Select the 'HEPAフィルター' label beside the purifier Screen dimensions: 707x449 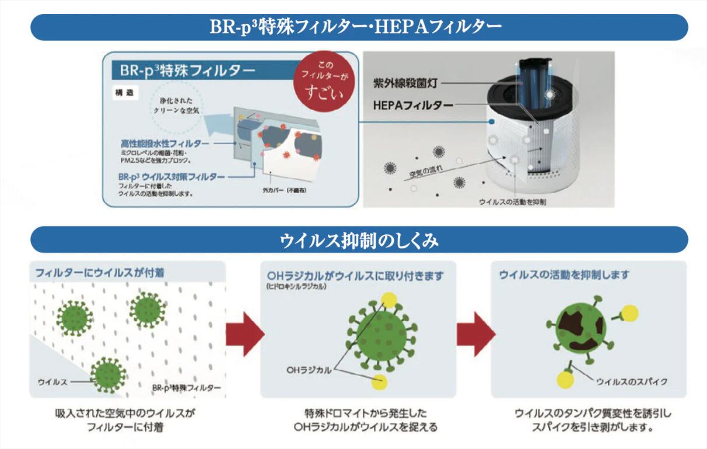(x=412, y=105)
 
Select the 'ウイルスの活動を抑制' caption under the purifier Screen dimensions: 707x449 (x=512, y=202)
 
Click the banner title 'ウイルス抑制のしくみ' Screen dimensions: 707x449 (x=359, y=240)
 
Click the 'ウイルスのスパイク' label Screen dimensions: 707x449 (x=631, y=381)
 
